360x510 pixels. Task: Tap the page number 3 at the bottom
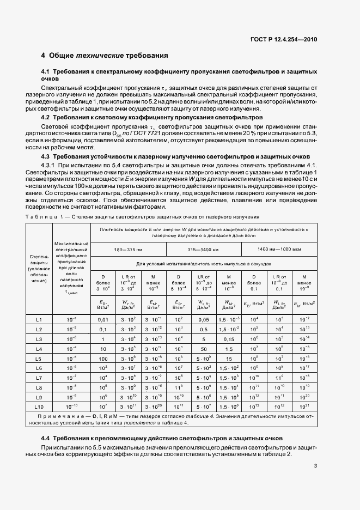(x=316, y=465)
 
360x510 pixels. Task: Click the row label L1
(x=39, y=319)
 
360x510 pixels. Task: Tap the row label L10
(x=39, y=406)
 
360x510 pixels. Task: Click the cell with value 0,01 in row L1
(x=103, y=319)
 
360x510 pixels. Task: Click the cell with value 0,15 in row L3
(x=229, y=338)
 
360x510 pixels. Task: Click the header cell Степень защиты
(x=39, y=267)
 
